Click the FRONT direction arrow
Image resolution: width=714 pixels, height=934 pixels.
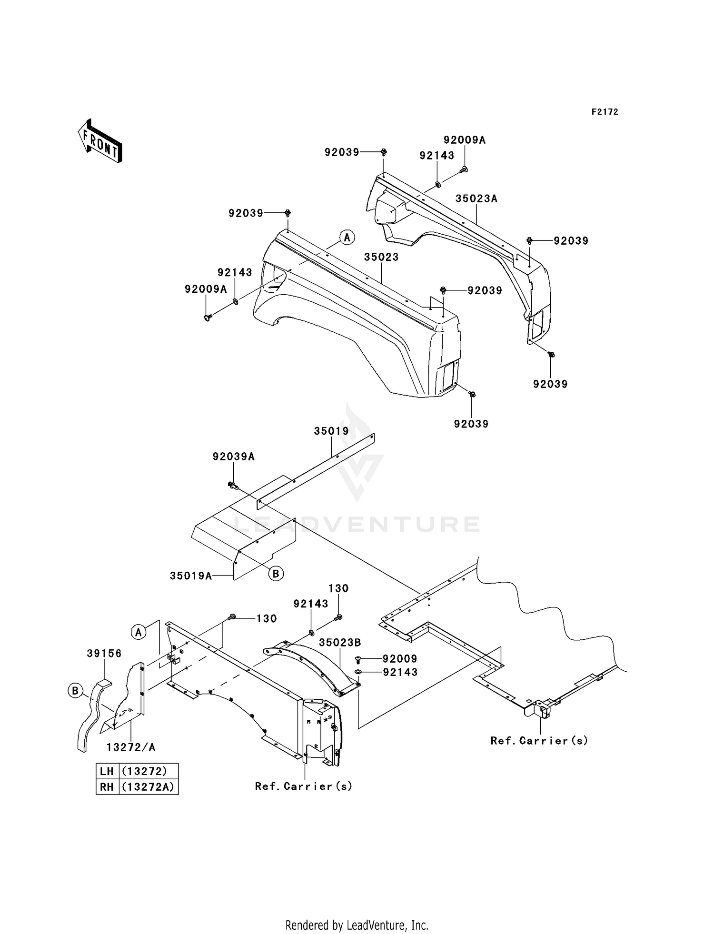pyautogui.click(x=100, y=141)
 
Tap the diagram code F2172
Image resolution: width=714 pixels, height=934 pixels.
pyautogui.click(x=605, y=112)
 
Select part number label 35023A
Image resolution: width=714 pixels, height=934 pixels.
pyautogui.click(x=476, y=199)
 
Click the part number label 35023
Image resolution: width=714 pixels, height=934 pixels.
pyautogui.click(x=381, y=257)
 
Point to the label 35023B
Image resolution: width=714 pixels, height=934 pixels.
pyautogui.click(x=340, y=642)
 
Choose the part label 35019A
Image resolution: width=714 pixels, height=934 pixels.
pyautogui.click(x=191, y=576)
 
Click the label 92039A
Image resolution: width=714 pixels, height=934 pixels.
pyautogui.click(x=234, y=457)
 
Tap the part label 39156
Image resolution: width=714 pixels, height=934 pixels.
pyautogui.click(x=104, y=654)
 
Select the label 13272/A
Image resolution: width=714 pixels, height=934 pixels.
pyautogui.click(x=131, y=747)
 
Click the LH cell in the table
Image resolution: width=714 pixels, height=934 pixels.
pyautogui.click(x=107, y=771)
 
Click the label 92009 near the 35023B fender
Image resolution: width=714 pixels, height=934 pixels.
pyautogui.click(x=400, y=659)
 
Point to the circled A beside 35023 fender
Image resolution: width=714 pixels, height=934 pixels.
pyautogui.click(x=347, y=237)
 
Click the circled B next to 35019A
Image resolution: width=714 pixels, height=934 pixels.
pyautogui.click(x=276, y=574)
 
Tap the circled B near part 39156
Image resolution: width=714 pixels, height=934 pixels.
pyautogui.click(x=75, y=690)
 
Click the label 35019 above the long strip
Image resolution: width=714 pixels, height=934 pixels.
pyautogui.click(x=331, y=431)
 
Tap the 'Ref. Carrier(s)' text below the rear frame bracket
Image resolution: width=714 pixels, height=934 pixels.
pyautogui.click(x=539, y=740)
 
